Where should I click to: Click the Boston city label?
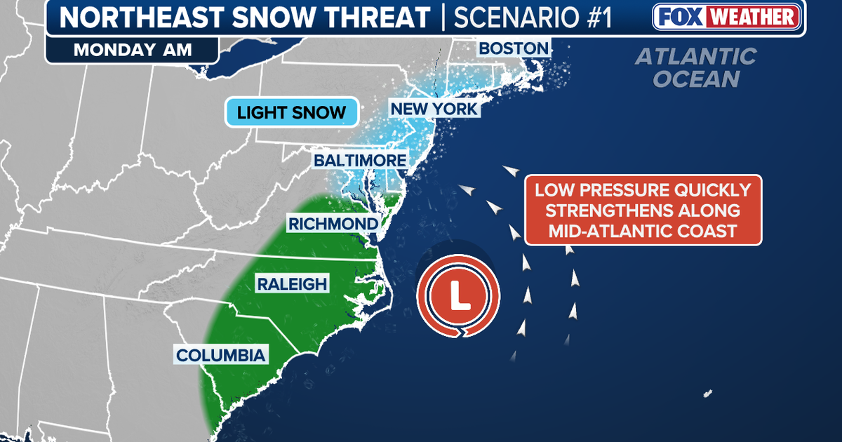click(513, 48)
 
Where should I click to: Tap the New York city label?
click(434, 109)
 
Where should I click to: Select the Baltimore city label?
click(360, 161)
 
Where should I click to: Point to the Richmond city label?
click(333, 224)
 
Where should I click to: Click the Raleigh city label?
click(291, 283)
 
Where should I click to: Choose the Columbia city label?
click(221, 355)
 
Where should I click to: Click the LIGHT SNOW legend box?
click(291, 112)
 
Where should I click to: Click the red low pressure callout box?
click(643, 210)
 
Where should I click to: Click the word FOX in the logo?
click(679, 17)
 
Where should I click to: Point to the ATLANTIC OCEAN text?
click(696, 67)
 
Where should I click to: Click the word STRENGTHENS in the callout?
click(643, 210)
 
